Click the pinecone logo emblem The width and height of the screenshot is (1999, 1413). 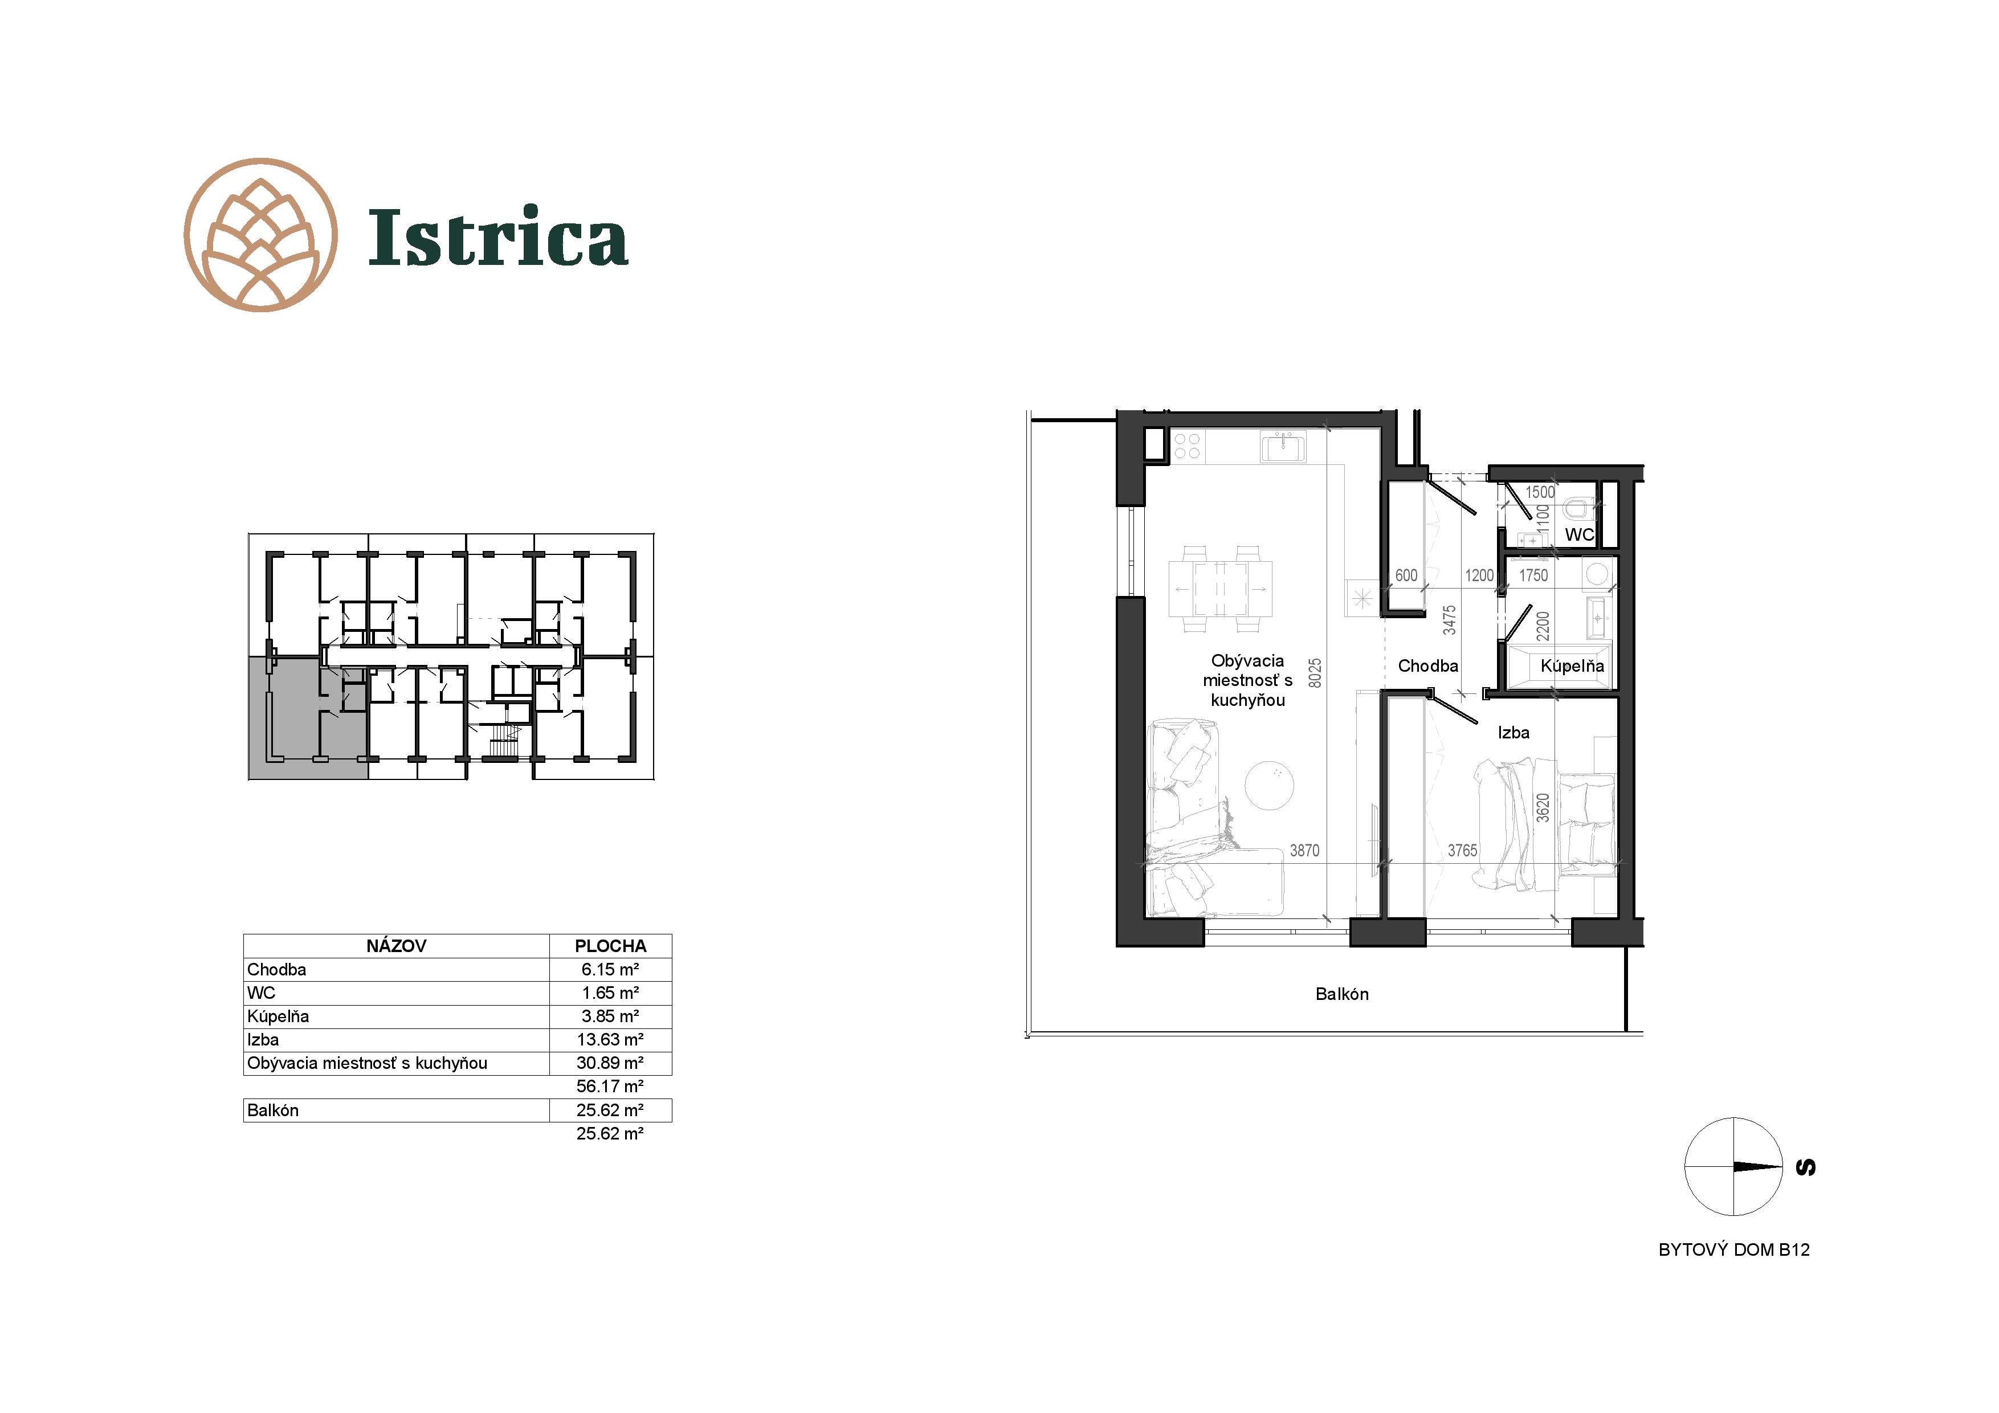click(261, 235)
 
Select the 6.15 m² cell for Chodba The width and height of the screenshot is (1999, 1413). click(610, 970)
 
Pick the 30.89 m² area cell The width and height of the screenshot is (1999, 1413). click(610, 1063)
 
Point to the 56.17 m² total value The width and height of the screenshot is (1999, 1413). click(610, 1087)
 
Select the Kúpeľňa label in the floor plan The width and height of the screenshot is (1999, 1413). click(1572, 666)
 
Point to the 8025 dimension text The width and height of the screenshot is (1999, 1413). click(1315, 673)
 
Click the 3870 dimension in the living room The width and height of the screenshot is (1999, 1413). click(1304, 851)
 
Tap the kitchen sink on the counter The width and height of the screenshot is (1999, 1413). click(1283, 447)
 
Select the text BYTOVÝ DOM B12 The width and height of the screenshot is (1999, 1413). click(1733, 1250)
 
